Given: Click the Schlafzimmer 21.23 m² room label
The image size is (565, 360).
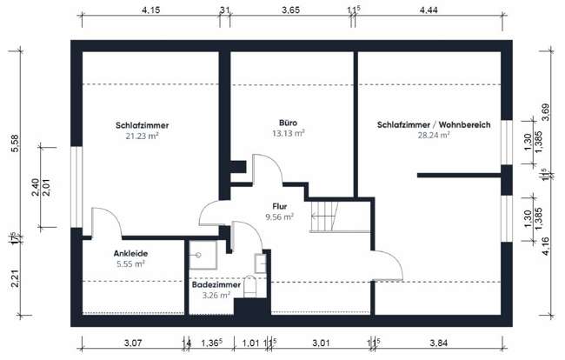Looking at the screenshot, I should pos(142,126).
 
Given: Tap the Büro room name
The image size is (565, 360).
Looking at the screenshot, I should pos(288,122).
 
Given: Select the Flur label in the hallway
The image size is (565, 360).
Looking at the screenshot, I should pos(280,206).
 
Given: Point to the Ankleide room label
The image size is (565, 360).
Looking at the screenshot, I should pos(128,253).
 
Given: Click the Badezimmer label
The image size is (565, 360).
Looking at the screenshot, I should pos(216,283).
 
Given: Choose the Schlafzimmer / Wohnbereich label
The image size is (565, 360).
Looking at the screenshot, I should pos(434,125).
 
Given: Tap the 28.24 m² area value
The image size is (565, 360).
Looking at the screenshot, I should pos(433,135).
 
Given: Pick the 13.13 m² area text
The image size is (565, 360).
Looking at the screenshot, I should pos(289,133).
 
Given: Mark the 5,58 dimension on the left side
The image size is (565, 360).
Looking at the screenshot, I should pos(14,144).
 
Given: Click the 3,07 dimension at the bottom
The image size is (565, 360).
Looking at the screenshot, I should pos(133,345).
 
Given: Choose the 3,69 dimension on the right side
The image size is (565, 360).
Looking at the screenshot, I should pos(547,112).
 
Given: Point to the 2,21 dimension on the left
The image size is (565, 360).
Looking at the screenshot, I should pos(14,280).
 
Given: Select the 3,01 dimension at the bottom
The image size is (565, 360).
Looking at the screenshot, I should pos(319,345).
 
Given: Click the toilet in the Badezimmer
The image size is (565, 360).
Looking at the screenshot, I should pos(251,287).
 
